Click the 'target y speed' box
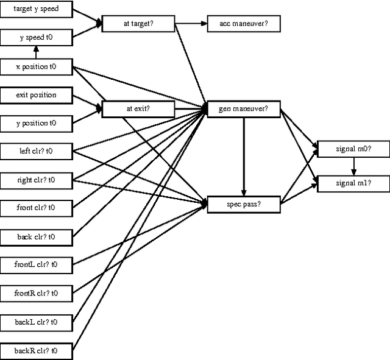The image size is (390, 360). point(36,9)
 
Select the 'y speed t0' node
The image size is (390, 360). point(36,38)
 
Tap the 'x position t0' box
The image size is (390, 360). point(36,66)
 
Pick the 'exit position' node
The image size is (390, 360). point(36,95)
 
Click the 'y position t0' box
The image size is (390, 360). point(36,123)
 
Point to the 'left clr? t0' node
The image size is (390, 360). point(36,151)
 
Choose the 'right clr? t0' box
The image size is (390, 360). point(36,180)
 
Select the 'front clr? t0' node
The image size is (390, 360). point(36,208)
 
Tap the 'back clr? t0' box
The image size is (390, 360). point(36,236)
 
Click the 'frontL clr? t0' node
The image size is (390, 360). point(36,264)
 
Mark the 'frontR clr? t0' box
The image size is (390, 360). point(36,293)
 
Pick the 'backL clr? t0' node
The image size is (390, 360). point(36,321)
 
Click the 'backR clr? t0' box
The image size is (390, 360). point(36,350)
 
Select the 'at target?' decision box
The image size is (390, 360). point(138,24)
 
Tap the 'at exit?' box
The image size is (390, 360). point(138,109)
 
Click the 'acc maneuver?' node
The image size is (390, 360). point(244,24)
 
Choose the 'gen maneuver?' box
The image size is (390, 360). point(244,109)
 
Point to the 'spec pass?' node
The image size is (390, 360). point(244,204)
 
